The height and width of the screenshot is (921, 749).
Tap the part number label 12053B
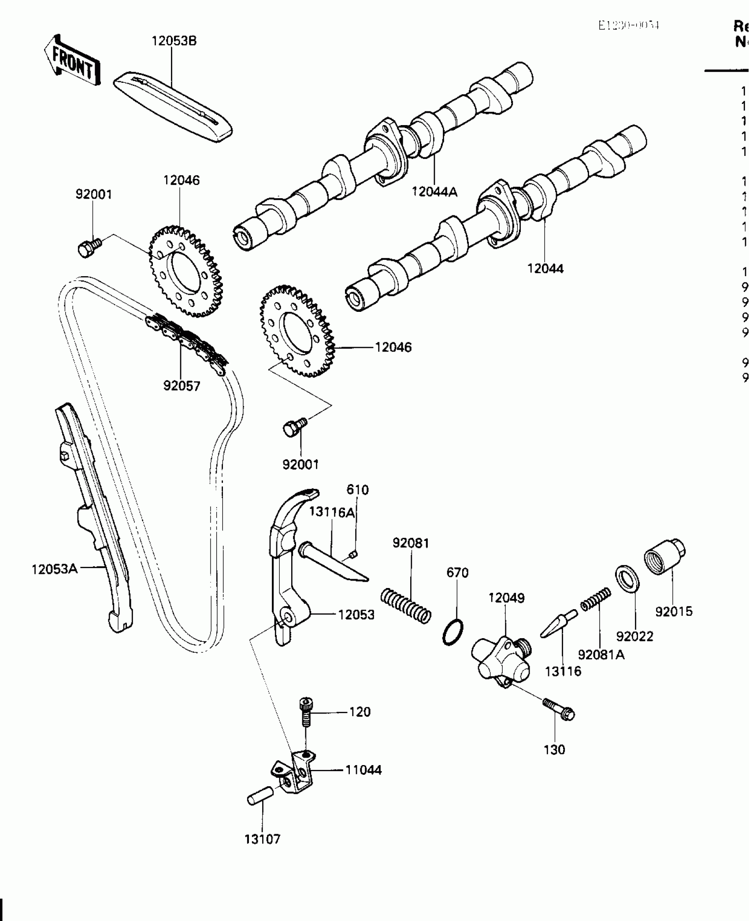pos(174,41)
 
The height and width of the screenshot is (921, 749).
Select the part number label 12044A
pos(434,192)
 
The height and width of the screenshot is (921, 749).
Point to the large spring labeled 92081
pos(406,606)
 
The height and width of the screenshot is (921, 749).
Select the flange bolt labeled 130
pos(559,709)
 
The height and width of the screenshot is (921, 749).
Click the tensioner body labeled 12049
pos(501,660)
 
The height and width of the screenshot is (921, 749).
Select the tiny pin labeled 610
pos(352,554)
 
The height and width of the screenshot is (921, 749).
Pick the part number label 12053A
pos(54,569)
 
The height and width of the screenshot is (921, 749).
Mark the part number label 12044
pos(545,268)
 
